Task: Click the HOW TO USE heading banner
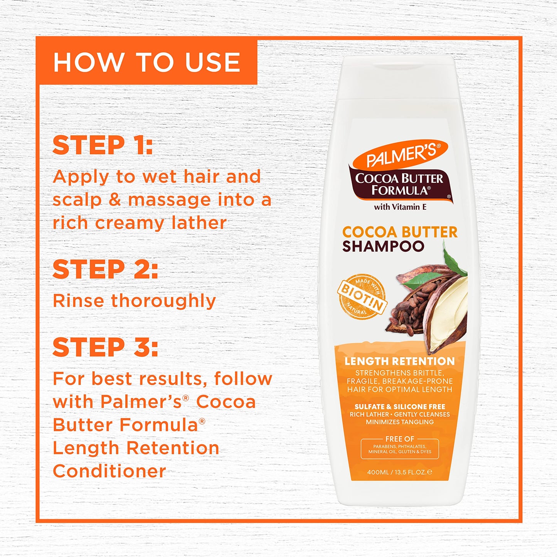tap(146, 62)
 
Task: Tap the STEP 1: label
tap(103, 145)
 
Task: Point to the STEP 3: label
tap(105, 347)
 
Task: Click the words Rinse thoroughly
tap(134, 301)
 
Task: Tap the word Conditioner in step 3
tap(109, 471)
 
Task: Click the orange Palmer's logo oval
tap(401, 154)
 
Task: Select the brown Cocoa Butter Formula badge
tap(399, 184)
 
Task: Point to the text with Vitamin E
tap(400, 207)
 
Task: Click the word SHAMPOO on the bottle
tap(383, 246)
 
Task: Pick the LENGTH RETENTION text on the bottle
tap(400, 361)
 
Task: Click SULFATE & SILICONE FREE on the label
tap(400, 407)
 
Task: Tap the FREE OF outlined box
tap(400, 449)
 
